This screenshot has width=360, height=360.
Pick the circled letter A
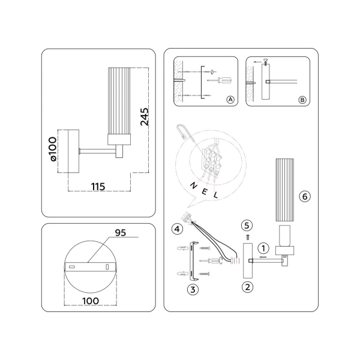pyautogui.click(x=230, y=100)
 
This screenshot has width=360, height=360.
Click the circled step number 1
pyautogui.click(x=262, y=247)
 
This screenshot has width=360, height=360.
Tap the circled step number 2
pyautogui.click(x=246, y=286)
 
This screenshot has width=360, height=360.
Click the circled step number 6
pyautogui.click(x=304, y=196)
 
